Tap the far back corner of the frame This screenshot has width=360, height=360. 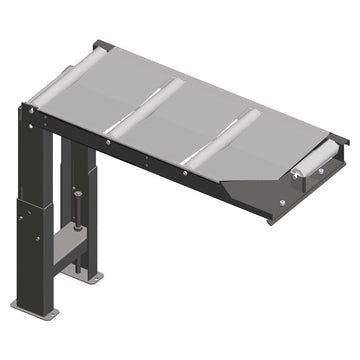pyautogui.click(x=101, y=45)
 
